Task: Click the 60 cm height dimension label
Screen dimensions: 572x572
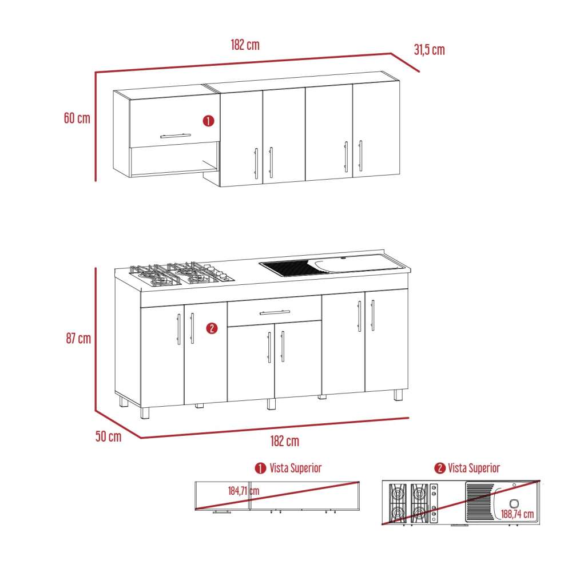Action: pyautogui.click(x=77, y=118)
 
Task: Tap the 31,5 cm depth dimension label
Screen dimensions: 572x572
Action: pyautogui.click(x=429, y=50)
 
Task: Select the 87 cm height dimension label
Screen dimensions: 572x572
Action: pyautogui.click(x=78, y=338)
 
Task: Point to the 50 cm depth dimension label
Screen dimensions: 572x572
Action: pyautogui.click(x=108, y=437)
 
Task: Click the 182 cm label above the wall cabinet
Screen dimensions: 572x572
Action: pyautogui.click(x=245, y=45)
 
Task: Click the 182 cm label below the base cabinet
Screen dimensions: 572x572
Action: pyautogui.click(x=284, y=441)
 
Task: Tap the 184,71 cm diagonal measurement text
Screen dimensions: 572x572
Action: pyautogui.click(x=243, y=491)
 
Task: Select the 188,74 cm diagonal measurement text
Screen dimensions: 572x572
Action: pyautogui.click(x=517, y=514)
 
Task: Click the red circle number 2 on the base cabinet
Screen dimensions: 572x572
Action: pyautogui.click(x=212, y=328)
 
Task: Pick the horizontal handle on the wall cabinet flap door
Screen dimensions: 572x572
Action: pyautogui.click(x=175, y=136)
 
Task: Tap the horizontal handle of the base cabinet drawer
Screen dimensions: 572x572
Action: pyautogui.click(x=275, y=312)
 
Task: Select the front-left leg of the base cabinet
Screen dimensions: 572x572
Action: pyautogui.click(x=144, y=414)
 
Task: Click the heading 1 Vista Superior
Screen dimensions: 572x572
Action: pyautogui.click(x=288, y=468)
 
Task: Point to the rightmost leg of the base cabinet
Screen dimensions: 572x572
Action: pyautogui.click(x=398, y=395)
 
